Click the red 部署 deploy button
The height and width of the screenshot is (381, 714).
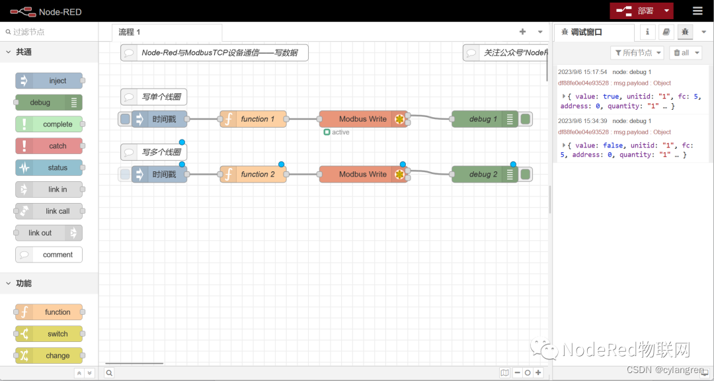coord(635,11)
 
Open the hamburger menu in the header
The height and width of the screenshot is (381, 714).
coord(697,11)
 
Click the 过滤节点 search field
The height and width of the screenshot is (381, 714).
coord(50,32)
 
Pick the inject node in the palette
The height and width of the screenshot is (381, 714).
coord(50,81)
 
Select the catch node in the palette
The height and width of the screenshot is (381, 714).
coord(50,146)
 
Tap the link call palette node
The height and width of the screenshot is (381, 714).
coord(50,211)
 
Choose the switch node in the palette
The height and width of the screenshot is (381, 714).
coord(50,334)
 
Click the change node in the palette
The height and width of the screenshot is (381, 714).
coord(50,355)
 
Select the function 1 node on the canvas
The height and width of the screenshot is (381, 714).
coord(253,119)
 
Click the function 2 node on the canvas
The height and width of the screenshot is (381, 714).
coord(253,175)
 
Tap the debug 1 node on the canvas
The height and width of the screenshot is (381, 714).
coord(485,119)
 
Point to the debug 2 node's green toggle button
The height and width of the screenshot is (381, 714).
coord(526,175)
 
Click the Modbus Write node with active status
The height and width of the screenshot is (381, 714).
coord(363,119)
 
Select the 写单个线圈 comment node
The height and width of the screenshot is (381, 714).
coord(153,97)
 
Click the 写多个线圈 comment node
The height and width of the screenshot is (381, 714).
coord(153,152)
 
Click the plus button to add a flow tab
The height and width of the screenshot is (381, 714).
coord(522,32)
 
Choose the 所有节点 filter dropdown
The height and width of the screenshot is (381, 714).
coord(637,52)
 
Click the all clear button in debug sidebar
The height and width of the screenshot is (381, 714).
coord(685,52)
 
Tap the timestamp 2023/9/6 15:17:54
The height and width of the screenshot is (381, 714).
coord(582,72)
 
